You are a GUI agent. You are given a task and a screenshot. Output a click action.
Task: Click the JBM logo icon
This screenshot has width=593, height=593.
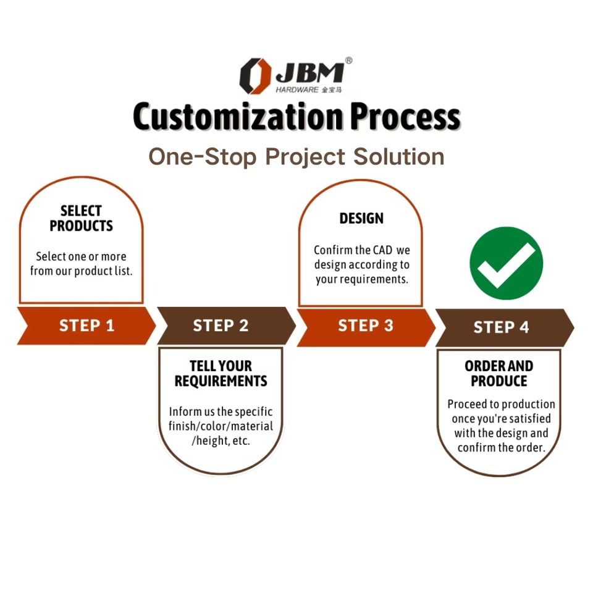(254, 75)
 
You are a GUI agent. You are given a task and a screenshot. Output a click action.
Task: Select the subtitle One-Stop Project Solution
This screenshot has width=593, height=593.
(296, 156)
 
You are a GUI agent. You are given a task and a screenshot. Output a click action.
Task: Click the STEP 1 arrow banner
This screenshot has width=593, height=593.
(86, 326)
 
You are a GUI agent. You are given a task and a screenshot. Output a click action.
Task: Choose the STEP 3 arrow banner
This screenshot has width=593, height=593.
(365, 326)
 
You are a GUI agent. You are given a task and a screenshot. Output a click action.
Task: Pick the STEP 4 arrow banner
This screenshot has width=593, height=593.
(501, 327)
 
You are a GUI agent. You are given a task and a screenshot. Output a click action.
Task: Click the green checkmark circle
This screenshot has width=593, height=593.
(506, 263)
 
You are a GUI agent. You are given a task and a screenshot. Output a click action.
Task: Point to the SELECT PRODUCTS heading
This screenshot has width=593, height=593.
(82, 219)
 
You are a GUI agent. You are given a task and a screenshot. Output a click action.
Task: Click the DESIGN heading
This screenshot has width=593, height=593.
(361, 219)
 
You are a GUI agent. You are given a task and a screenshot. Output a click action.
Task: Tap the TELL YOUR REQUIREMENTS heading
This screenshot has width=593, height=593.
(221, 374)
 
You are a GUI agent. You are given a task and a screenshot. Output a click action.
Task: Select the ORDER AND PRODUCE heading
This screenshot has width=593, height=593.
(499, 374)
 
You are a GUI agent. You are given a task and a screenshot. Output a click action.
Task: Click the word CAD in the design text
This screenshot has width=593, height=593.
(382, 251)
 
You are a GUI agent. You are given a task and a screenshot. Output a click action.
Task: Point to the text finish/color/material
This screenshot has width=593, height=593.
(221, 426)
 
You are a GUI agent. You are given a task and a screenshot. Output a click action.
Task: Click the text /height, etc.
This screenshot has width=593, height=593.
(221, 442)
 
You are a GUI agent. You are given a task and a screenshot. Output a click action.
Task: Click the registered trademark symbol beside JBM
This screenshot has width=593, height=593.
(348, 61)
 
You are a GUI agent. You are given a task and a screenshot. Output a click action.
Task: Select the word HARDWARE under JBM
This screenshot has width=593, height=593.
(297, 90)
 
